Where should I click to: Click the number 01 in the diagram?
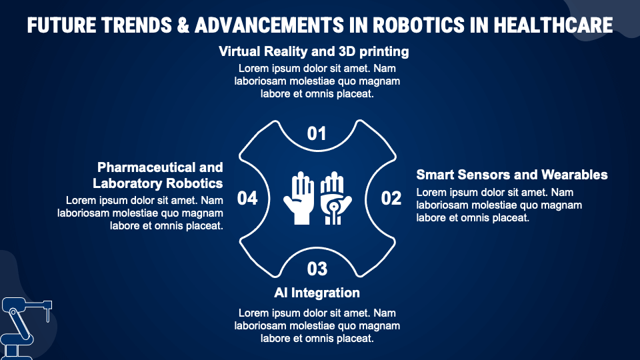(317, 134)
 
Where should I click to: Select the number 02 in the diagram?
(391, 198)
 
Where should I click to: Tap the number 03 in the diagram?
(317, 269)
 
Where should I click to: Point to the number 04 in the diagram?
(247, 198)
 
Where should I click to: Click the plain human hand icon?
(299, 198)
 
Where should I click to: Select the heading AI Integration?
(317, 293)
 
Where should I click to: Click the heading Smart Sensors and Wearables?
(512, 175)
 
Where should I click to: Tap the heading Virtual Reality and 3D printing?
(314, 51)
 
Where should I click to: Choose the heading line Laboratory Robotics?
(158, 183)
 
